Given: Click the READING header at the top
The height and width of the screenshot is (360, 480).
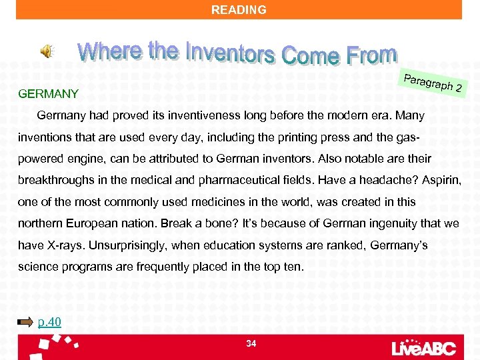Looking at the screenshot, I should (x=239, y=10).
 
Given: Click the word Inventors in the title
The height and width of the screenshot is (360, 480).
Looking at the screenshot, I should (x=230, y=51).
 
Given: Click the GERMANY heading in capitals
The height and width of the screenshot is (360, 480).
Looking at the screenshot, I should (x=49, y=94).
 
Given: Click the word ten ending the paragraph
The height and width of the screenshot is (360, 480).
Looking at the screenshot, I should (x=293, y=267).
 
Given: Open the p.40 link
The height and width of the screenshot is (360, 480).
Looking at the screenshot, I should (x=50, y=323).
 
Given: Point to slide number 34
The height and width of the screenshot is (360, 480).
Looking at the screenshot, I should (x=251, y=343).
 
